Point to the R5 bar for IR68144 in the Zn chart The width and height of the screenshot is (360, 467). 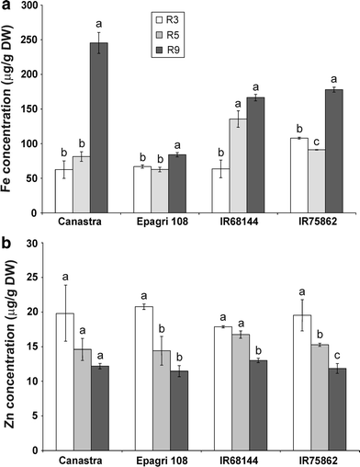(238, 392)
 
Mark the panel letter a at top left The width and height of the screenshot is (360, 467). (6, 6)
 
